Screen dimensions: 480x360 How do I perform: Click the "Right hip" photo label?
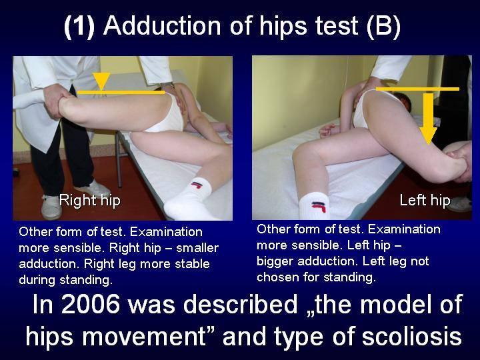(90, 201)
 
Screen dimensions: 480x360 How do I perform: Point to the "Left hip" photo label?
(425, 201)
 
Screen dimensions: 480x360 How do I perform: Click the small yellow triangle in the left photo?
(101, 81)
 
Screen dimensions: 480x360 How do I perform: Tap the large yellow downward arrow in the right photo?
(428, 119)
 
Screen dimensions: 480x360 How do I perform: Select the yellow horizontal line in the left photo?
(121, 92)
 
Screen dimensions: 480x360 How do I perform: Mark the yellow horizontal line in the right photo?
(417, 89)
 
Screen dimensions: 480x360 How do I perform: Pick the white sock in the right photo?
(314, 205)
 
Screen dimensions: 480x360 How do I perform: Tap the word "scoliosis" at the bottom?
(412, 336)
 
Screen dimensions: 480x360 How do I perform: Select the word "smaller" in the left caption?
(197, 247)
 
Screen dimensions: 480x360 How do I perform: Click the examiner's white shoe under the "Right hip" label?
(51, 207)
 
